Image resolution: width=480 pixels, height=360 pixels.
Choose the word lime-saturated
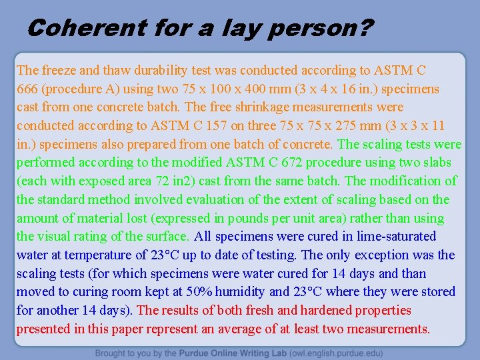pos(394,236)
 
